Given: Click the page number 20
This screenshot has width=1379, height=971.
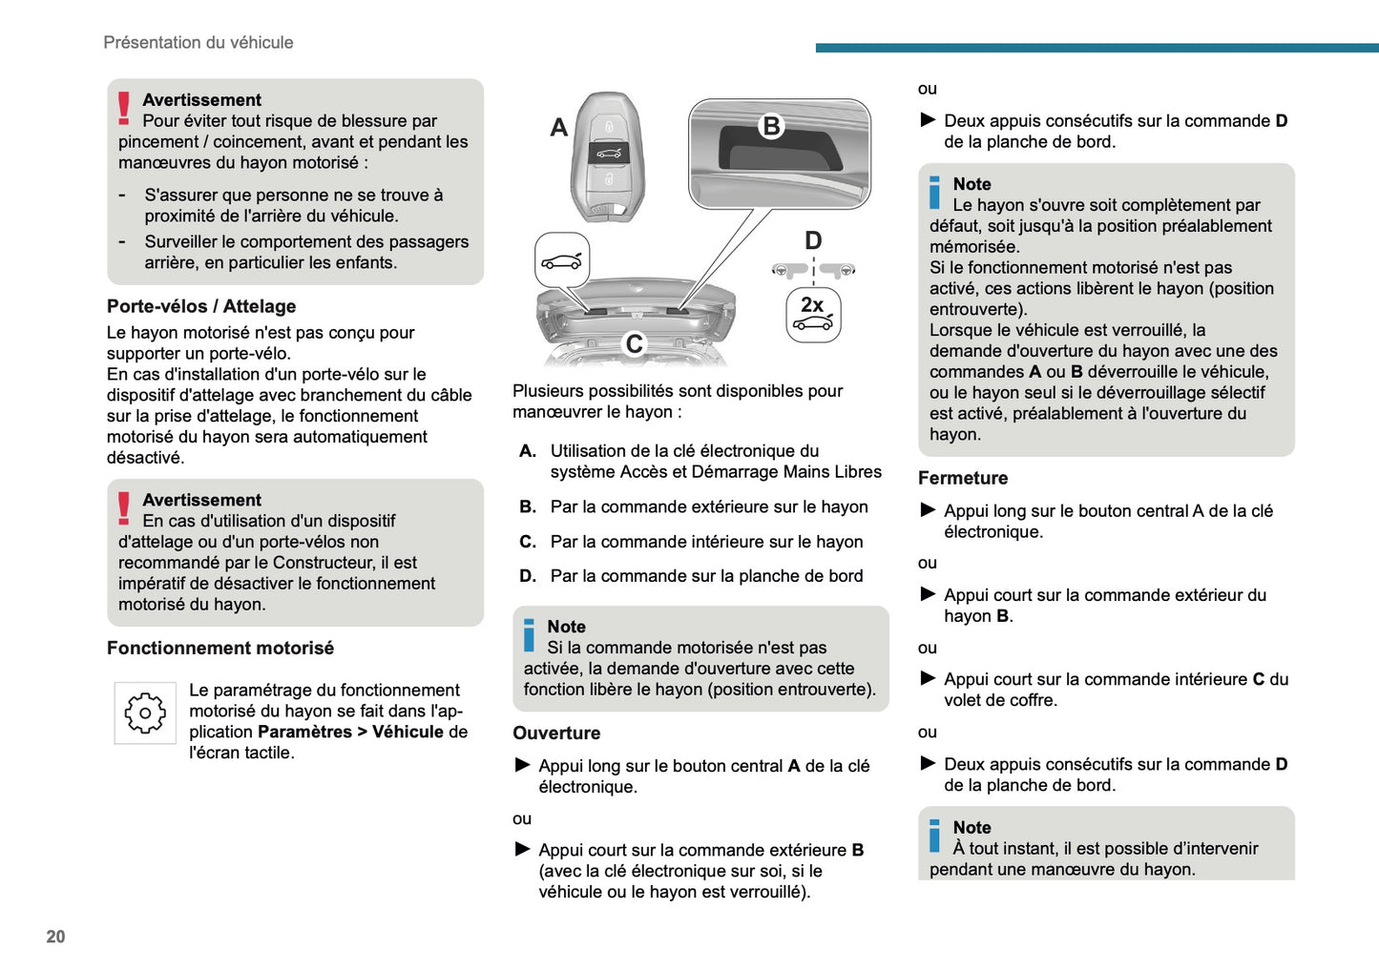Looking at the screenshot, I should pyautogui.click(x=55, y=937).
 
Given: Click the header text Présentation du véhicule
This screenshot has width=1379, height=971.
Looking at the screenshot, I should pyautogui.click(x=198, y=43).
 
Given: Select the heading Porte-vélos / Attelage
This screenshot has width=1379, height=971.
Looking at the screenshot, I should pyautogui.click(x=201, y=306).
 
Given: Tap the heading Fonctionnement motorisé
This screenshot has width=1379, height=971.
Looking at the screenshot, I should pyautogui.click(x=220, y=648).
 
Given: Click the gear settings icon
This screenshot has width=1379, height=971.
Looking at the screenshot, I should pyautogui.click(x=145, y=713).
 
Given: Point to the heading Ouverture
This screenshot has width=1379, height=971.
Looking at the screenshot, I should pyautogui.click(x=556, y=733).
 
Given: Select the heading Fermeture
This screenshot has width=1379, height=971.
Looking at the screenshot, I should pyautogui.click(x=963, y=478).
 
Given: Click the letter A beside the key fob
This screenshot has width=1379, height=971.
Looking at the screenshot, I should pyautogui.click(x=559, y=127).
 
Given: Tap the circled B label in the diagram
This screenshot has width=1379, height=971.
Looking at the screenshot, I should pyautogui.click(x=771, y=126).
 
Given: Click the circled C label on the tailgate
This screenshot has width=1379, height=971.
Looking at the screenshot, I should pyautogui.click(x=635, y=343).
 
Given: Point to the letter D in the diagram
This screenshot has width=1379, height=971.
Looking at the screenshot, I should pyautogui.click(x=813, y=239).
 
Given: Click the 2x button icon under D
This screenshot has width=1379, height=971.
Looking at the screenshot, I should pyautogui.click(x=813, y=315).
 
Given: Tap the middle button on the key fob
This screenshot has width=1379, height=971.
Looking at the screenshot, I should pyautogui.click(x=608, y=153).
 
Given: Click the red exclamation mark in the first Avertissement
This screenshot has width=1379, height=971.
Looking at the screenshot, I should pyautogui.click(x=124, y=108).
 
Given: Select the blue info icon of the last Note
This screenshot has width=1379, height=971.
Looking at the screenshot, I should pyautogui.click(x=934, y=837).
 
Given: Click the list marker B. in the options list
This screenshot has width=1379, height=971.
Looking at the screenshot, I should pyautogui.click(x=528, y=507).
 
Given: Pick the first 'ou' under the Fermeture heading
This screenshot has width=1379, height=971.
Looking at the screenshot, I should pyautogui.click(x=928, y=563).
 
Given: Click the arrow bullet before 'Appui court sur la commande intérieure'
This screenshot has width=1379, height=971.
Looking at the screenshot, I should pyautogui.click(x=928, y=678).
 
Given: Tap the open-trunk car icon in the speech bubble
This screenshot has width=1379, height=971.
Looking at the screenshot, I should pyautogui.click(x=561, y=260).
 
